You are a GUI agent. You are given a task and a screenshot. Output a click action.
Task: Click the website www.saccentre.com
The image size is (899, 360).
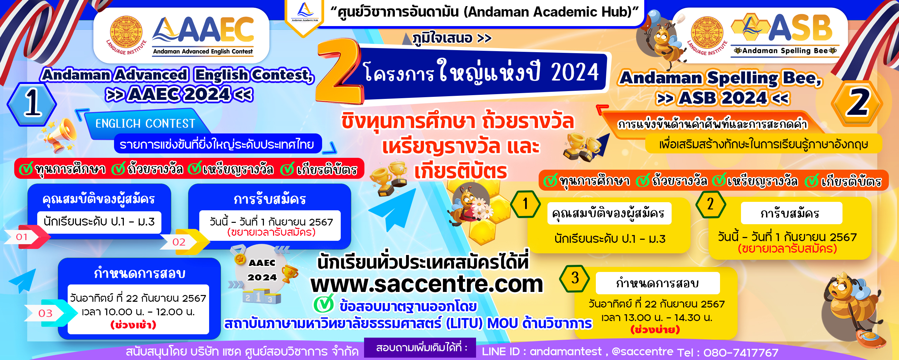(x=427, y=284)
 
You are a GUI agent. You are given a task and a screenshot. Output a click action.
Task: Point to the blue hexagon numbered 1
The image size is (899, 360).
(x=32, y=104)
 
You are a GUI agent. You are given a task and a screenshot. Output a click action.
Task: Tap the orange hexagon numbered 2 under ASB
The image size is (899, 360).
(x=857, y=103)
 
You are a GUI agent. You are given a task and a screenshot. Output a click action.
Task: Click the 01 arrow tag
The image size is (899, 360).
(x=26, y=237)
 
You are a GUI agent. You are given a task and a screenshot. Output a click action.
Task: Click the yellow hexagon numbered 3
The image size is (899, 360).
(x=575, y=278)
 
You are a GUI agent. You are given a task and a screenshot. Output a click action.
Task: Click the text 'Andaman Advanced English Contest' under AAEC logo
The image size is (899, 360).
(x=203, y=51)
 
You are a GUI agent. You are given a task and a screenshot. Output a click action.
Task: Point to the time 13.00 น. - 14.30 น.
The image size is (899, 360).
(x=656, y=317)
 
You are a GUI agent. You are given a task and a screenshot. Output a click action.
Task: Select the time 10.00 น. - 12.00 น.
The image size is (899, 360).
(x=138, y=312)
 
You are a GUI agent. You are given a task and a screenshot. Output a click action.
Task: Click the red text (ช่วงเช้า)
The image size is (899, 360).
(x=133, y=325)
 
